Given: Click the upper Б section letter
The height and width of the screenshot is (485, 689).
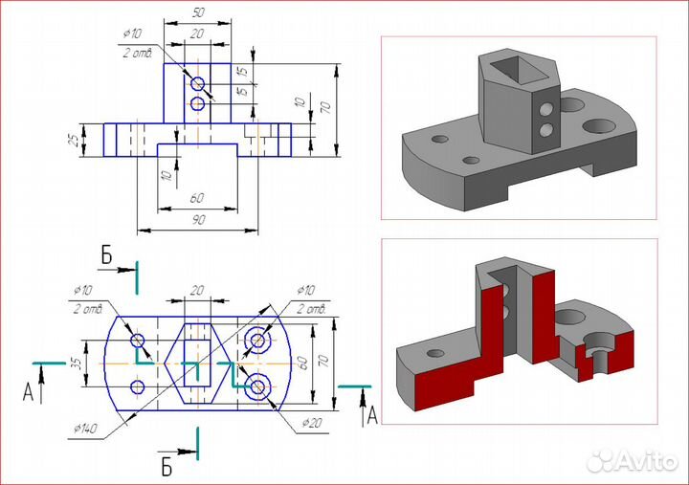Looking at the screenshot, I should coord(107,255).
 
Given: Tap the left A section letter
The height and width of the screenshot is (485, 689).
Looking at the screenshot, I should coord(28,391).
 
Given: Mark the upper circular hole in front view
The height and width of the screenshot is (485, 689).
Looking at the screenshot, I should coord(197,83).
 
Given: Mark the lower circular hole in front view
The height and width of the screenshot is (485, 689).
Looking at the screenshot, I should coord(197,103).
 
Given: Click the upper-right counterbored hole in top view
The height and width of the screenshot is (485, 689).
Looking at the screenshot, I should coord(257,341).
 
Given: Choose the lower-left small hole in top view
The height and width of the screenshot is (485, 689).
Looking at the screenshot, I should coord(138,387).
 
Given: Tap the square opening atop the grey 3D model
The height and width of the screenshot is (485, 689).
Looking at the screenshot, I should coord(511,66).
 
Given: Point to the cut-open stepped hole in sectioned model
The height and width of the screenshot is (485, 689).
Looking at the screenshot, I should coord(595,355).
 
